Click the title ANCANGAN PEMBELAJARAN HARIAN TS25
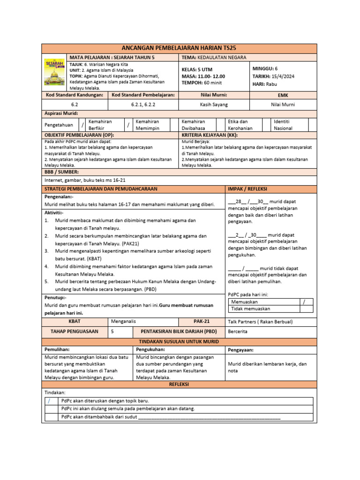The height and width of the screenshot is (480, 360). tap(180, 48)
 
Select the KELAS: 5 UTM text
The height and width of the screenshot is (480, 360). tap(197, 69)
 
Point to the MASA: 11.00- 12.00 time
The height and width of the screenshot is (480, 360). tap(203, 76)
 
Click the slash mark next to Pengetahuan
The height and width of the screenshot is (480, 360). tap(82, 125)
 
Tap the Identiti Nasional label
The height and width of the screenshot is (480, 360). tap(283, 125)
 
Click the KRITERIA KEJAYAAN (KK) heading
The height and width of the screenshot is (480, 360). tap(210, 135)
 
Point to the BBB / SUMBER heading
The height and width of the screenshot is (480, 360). tap(61, 172)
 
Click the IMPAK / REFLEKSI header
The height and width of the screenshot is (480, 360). tap(247, 189)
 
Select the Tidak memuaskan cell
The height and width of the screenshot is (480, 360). tap(250, 309)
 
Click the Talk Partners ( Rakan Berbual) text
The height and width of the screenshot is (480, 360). tap(260, 322)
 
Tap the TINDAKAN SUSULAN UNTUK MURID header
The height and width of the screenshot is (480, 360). tap(180, 341)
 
